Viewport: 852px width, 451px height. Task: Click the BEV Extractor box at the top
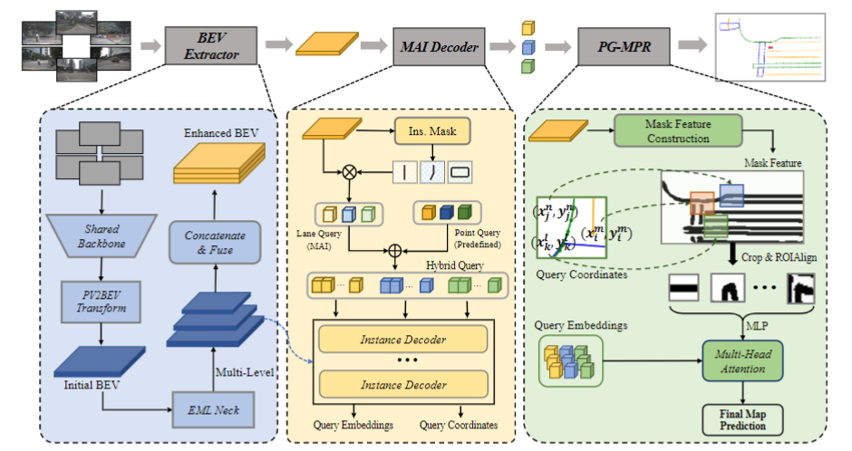[x=211, y=46]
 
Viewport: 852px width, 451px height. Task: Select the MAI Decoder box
[x=440, y=46]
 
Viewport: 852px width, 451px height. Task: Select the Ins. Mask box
[x=433, y=132]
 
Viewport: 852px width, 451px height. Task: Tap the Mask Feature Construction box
[x=679, y=130]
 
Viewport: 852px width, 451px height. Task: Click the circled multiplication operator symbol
[x=346, y=169]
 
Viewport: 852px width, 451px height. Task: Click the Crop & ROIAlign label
[x=784, y=256]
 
